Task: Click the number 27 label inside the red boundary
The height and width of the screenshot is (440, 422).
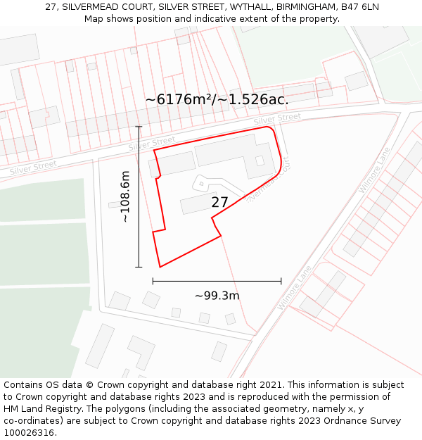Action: pyautogui.click(x=219, y=202)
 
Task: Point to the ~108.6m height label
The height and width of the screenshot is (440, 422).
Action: pyautogui.click(x=125, y=196)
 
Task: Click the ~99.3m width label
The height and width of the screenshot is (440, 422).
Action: pyautogui.click(x=217, y=296)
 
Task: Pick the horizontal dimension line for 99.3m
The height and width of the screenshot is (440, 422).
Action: pyautogui.click(x=217, y=281)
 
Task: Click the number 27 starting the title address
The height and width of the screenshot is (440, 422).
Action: pyautogui.click(x=51, y=7)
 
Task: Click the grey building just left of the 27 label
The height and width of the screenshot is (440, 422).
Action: pyautogui.click(x=198, y=204)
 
